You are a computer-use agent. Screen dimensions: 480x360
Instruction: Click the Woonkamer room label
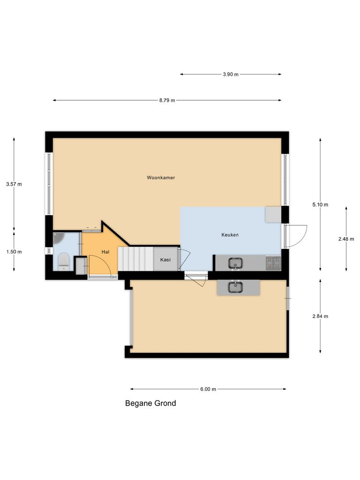tap(161, 178)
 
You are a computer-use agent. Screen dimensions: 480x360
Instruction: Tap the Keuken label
tap(230, 235)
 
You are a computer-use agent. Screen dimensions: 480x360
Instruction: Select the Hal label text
tap(105, 252)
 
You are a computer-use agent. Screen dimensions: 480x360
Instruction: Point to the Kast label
tap(165, 260)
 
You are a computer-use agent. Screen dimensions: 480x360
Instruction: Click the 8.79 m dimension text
tap(167, 100)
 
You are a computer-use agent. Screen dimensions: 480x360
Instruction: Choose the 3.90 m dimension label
tap(231, 75)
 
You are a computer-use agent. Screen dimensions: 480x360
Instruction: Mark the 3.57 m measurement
tap(14, 184)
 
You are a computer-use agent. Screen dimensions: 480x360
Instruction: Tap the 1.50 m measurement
tap(14, 252)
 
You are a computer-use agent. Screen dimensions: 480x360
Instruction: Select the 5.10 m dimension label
tap(320, 204)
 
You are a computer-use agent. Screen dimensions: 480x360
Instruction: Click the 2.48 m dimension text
tap(346, 239)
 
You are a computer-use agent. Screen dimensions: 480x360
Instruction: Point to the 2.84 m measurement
tap(320, 316)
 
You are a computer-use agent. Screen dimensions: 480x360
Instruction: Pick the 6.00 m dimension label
tap(208, 389)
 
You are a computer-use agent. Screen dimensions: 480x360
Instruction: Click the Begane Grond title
tap(150, 403)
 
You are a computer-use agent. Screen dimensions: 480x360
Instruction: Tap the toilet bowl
tap(63, 261)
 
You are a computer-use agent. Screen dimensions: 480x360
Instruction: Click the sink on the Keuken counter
tap(235, 263)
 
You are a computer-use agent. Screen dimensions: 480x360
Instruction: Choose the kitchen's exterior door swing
tap(297, 236)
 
